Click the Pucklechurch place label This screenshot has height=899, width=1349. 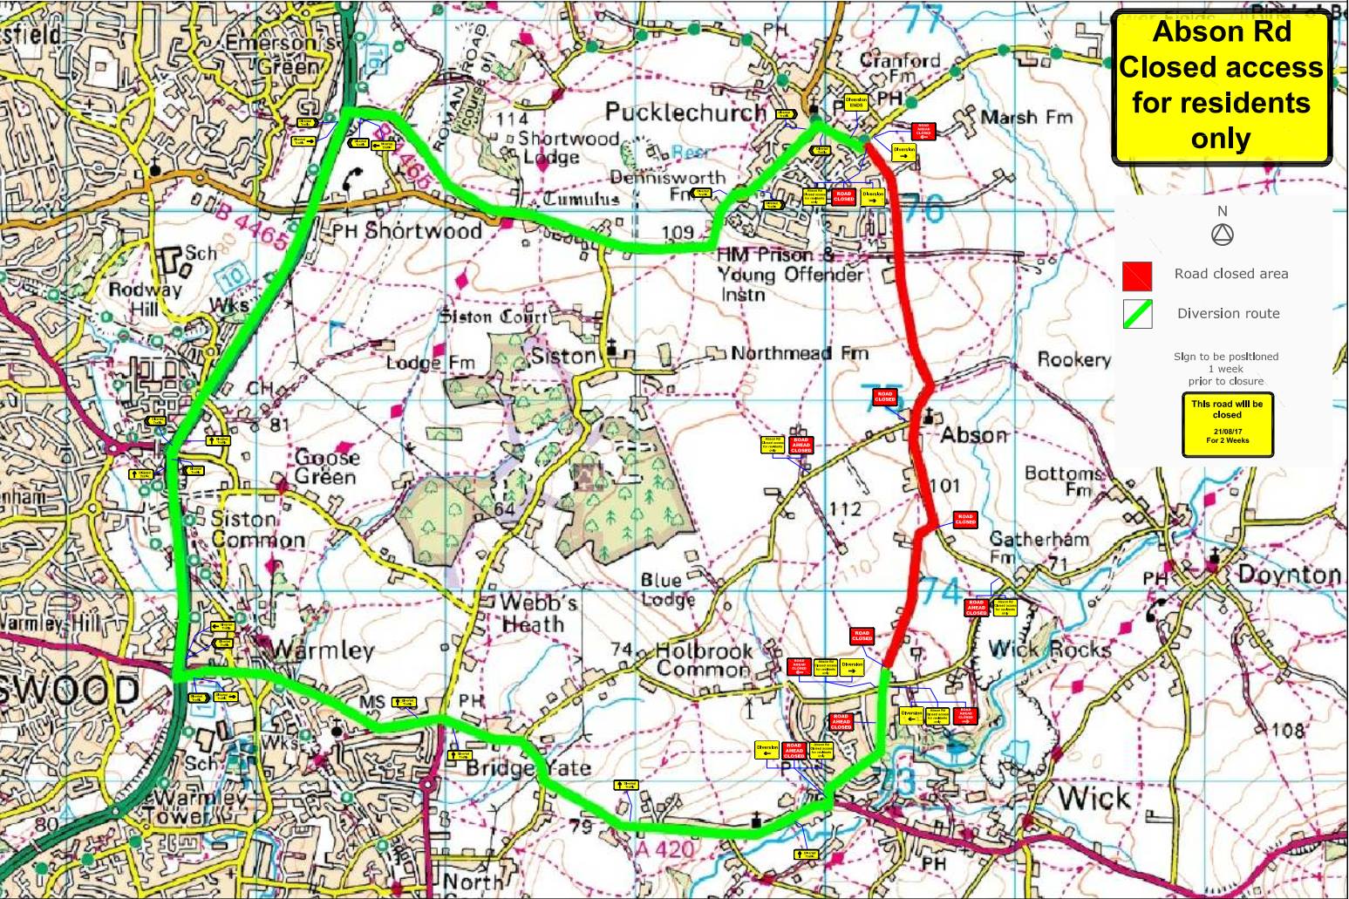685,112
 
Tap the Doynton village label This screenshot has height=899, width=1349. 1289,575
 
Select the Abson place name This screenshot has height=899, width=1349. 973,434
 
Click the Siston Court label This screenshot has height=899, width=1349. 494,317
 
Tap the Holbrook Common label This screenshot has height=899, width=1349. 702,660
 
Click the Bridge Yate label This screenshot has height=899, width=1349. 528,768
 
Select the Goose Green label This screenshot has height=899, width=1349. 325,467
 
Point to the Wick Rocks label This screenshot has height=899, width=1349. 1050,650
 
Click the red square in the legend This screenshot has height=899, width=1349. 1137,276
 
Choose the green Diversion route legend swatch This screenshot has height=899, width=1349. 1137,314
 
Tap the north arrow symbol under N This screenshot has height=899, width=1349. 1222,235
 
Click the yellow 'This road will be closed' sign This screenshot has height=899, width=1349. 1227,424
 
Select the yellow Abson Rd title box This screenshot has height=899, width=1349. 1221,86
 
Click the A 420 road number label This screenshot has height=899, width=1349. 664,848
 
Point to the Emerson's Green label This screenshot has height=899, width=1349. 280,54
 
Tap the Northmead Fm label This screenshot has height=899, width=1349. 799,353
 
